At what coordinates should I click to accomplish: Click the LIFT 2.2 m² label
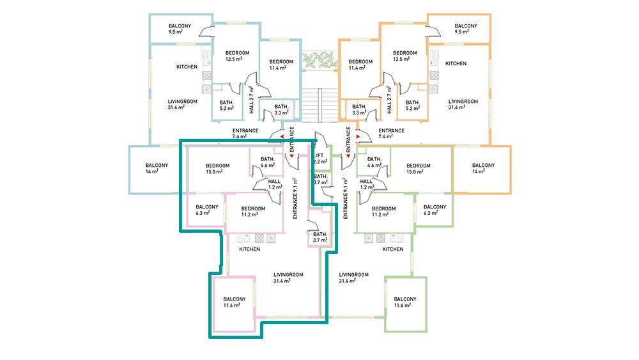click(321, 159)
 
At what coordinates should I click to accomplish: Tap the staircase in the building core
click(320, 105)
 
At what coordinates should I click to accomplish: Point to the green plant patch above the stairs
click(320, 60)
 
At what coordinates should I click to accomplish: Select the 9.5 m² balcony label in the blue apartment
click(180, 29)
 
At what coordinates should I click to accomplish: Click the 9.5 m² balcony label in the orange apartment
click(466, 29)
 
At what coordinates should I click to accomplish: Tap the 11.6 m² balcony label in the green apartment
click(405, 302)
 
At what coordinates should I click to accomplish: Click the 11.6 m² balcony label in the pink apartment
click(235, 302)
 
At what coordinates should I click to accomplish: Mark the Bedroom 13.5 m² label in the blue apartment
click(237, 56)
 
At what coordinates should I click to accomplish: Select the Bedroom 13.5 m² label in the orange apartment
click(404, 56)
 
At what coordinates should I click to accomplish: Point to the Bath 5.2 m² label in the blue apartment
click(227, 106)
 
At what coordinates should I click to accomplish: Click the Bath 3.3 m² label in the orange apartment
click(359, 110)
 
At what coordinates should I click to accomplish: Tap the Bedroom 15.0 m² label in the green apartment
click(418, 169)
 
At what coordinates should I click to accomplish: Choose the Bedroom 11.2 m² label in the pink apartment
click(253, 212)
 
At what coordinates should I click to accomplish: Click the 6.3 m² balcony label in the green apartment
click(435, 210)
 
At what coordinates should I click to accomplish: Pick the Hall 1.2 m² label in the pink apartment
click(275, 184)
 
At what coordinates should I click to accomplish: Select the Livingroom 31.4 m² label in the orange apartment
click(463, 104)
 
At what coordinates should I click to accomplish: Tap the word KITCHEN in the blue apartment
click(187, 67)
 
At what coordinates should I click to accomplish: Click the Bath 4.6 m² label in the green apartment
click(374, 162)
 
